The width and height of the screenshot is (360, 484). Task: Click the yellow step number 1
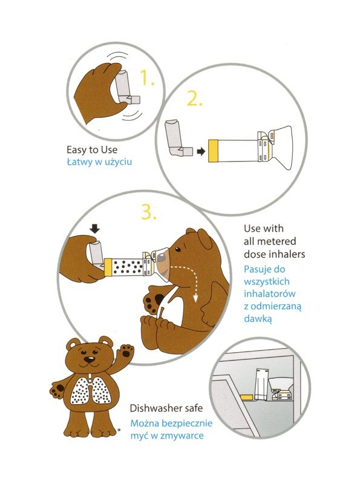(x=146, y=77)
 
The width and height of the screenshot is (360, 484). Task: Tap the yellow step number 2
(x=194, y=99)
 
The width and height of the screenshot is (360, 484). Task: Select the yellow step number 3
(x=148, y=212)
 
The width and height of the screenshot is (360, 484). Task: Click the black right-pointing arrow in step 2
(x=201, y=151)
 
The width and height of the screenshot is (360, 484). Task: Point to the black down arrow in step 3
(x=94, y=229)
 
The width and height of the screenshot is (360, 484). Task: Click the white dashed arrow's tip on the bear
(x=195, y=298)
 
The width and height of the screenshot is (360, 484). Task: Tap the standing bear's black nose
(x=90, y=359)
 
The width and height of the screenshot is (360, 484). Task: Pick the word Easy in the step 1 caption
(x=77, y=150)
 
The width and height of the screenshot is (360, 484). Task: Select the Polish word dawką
(x=258, y=319)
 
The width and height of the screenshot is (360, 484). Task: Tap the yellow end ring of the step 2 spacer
(x=214, y=151)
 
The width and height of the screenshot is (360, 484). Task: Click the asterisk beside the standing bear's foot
(x=119, y=430)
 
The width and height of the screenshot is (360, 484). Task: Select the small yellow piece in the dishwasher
(x=247, y=397)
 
